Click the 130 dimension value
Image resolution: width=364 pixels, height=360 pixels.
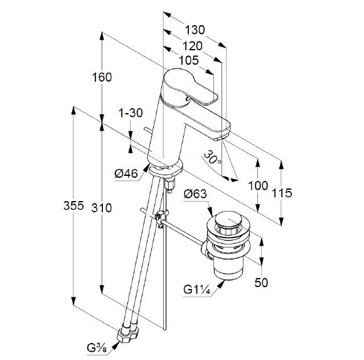point(195,30)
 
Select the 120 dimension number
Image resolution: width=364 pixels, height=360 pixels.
point(193,46)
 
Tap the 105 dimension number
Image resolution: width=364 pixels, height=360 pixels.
point(189,60)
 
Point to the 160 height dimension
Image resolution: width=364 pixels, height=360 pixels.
point(102,77)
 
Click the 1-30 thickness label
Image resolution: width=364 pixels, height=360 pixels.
point(131,113)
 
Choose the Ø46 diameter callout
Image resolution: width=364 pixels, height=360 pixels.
point(126,173)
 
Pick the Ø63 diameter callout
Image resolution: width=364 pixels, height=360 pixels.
point(195,194)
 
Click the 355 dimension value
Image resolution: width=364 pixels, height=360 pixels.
point(73,205)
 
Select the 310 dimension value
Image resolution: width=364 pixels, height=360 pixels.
point(102,207)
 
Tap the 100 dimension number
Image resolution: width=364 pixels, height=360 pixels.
point(258,185)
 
